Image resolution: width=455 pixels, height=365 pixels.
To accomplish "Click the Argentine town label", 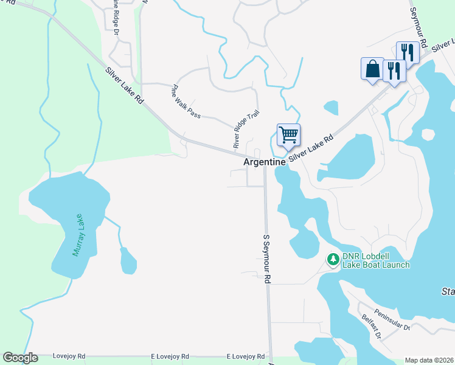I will click(x=265, y=162).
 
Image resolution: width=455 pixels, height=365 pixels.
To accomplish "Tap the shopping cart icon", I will click(x=289, y=134).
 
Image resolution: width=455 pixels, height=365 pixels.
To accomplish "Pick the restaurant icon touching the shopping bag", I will click(x=394, y=72).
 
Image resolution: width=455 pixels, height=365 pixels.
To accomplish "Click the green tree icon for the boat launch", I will click(x=333, y=259).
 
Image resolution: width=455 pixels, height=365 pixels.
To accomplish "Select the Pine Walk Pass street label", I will click(x=186, y=100).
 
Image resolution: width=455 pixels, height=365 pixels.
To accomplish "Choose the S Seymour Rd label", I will click(x=266, y=259).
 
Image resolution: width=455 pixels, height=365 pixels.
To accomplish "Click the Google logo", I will click(x=20, y=357).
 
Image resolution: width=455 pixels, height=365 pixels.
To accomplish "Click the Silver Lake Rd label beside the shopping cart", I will click(x=312, y=148).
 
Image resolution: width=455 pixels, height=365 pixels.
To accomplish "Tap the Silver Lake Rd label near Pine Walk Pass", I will click(x=123, y=85).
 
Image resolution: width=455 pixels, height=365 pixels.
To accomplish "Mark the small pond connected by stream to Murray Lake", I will click(x=128, y=262).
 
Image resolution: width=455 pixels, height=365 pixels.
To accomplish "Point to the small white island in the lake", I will click(x=428, y=134).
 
